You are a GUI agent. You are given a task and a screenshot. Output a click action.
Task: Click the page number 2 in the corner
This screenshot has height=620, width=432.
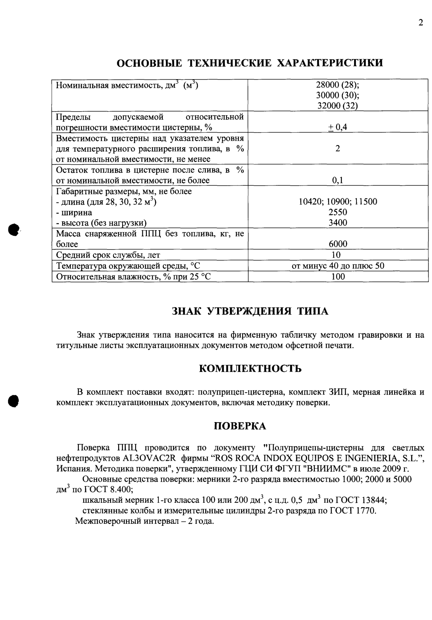tap(420, 23)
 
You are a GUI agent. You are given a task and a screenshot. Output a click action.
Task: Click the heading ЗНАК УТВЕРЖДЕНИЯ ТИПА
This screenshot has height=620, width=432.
tap(250, 311)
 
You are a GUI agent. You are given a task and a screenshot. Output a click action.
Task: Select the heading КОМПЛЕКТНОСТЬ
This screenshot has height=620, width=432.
tap(250, 368)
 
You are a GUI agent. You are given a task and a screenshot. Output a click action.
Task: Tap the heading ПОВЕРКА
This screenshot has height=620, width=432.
tap(240, 426)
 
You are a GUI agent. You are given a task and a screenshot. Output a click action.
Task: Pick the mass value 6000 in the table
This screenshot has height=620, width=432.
tap(337, 244)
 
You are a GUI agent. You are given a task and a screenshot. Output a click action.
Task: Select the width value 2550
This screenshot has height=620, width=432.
tap(337, 212)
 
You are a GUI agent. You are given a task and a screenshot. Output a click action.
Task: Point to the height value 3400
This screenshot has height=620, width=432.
tap(337, 223)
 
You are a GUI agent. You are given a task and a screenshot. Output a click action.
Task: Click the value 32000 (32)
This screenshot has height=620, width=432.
tap(337, 106)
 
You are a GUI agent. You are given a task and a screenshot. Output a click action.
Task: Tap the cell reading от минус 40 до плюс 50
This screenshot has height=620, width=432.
tap(338, 265)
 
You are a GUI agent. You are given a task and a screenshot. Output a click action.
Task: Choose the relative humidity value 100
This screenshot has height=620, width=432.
tap(338, 276)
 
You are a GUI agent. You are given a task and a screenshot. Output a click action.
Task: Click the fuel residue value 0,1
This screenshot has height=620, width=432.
tap(337, 180)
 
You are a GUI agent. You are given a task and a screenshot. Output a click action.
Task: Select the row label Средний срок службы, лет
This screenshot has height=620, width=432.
tap(108, 255)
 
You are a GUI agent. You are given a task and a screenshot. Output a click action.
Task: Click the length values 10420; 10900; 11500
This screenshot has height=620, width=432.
tap(338, 201)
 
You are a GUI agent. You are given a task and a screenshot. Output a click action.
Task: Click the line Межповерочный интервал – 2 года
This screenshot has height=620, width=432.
tap(145, 521)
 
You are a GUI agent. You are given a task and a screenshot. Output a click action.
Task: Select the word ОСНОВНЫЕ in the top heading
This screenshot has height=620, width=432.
tap(149, 63)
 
